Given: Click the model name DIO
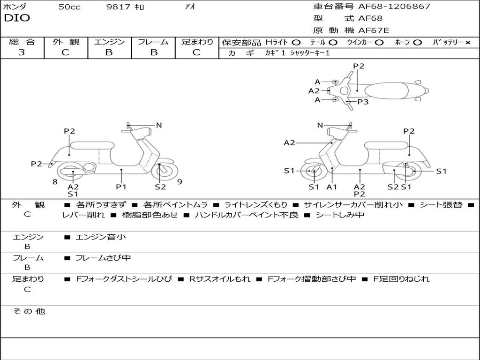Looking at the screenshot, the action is click(x=17, y=18).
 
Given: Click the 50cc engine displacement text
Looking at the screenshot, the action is click(x=69, y=7).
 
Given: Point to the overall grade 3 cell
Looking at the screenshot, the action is click(x=22, y=52).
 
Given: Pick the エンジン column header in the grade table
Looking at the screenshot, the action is click(x=109, y=42).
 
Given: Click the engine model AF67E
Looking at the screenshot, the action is click(x=374, y=31).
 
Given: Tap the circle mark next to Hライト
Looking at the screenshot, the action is click(x=296, y=43).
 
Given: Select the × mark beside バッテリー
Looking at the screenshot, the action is click(x=467, y=43).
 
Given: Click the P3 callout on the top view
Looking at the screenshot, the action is click(x=363, y=102).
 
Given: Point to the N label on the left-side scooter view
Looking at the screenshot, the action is click(x=159, y=125).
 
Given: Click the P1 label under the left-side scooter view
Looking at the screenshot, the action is click(x=121, y=187).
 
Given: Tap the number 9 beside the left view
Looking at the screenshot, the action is click(x=180, y=182).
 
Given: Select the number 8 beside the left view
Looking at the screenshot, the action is click(x=55, y=182).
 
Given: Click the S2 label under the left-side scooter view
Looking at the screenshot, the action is click(x=160, y=187).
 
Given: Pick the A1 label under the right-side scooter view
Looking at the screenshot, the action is click(x=332, y=187).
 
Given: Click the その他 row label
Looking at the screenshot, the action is click(x=29, y=311).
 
